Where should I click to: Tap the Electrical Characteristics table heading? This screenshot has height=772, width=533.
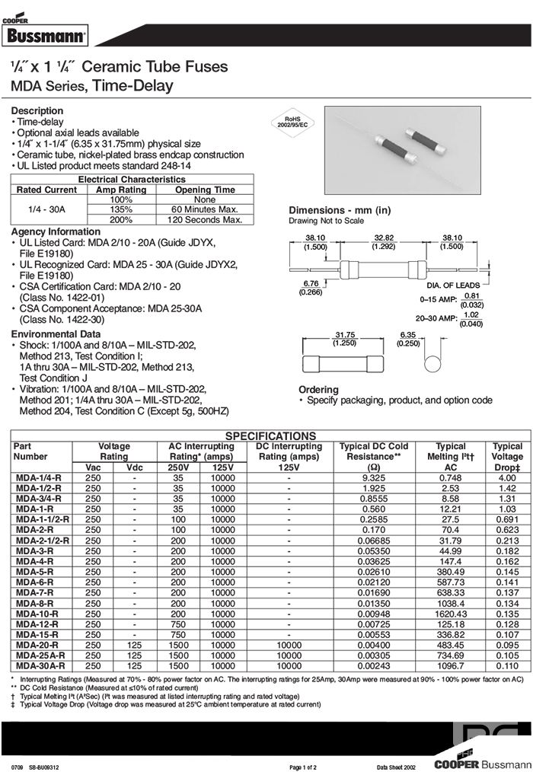(x=132, y=180)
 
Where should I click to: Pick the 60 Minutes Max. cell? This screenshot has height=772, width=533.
(x=205, y=209)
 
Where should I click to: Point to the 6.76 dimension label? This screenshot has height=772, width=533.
(x=310, y=286)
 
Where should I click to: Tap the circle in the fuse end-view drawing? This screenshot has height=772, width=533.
(x=432, y=362)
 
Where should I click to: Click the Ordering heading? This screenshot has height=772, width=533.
(x=318, y=390)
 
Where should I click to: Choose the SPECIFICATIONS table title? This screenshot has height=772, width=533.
(x=270, y=436)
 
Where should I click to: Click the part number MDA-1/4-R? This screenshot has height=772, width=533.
(x=38, y=477)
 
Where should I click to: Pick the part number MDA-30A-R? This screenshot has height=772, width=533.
(x=40, y=665)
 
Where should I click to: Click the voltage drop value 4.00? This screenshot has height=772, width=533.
(x=507, y=477)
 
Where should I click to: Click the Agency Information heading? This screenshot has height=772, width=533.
(x=56, y=231)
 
